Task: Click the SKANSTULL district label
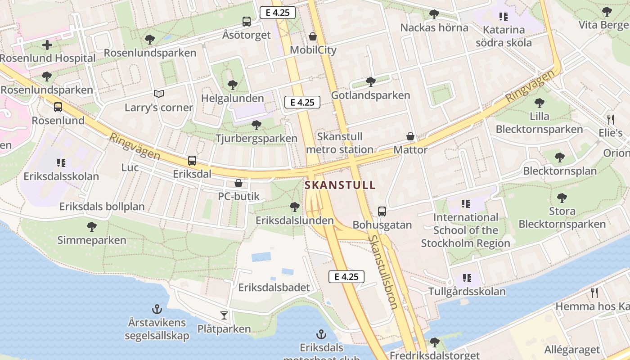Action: click(340, 185)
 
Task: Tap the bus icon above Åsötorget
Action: click(247, 21)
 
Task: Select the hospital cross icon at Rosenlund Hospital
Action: click(47, 45)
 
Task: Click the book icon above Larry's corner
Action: click(158, 94)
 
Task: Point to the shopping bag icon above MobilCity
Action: click(313, 36)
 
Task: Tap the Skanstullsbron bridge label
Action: click(383, 272)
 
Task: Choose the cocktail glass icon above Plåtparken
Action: click(224, 315)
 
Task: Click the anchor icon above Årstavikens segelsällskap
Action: click(157, 309)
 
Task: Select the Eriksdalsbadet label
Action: click(274, 288)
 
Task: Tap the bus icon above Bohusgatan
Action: click(382, 211)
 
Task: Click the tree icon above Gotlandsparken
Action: click(371, 82)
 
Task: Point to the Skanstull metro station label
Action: click(346, 143)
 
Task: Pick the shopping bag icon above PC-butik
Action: click(238, 183)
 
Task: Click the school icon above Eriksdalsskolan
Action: click(61, 162)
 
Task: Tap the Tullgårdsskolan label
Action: click(467, 292)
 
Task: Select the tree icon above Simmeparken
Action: click(92, 226)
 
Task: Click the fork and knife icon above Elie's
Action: click(611, 119)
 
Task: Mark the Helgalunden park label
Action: click(233, 98)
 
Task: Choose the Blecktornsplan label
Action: click(560, 171)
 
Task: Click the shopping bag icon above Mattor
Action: click(410, 136)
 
